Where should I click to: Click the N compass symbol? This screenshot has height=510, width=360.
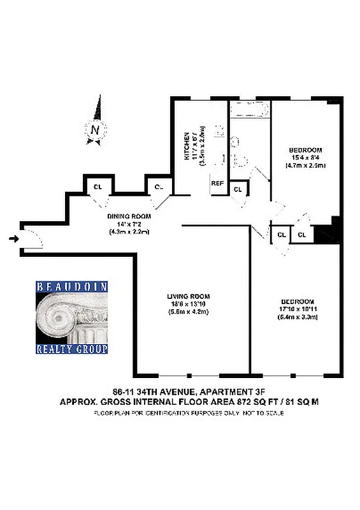coord(94,130)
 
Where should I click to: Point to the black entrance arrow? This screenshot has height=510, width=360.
coord(14,239)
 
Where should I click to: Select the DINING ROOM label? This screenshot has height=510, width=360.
coord(129,216)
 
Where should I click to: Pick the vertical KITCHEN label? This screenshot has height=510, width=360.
coord(187,146)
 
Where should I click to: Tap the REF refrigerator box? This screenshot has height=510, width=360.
coord(218,183)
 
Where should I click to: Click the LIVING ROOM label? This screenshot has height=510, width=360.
coord(189,296)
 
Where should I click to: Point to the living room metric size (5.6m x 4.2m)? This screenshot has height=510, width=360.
coord(189,312)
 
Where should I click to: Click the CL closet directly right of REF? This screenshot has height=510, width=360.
coord(238,190)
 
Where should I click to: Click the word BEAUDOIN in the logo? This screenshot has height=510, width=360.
coord(71,287)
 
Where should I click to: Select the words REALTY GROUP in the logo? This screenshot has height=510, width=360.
coord(71,349)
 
